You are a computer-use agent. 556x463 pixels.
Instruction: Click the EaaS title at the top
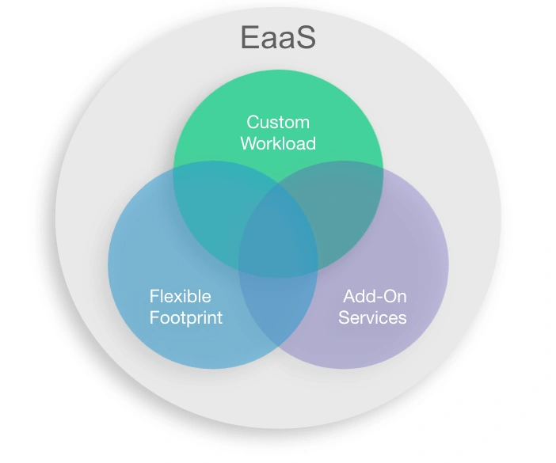point(278,37)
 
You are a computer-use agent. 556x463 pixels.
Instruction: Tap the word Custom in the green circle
point(278,123)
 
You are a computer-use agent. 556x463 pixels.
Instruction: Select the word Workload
point(278,143)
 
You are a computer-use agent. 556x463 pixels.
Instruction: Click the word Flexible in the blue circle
point(180,296)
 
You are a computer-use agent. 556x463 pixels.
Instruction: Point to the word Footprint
point(186,317)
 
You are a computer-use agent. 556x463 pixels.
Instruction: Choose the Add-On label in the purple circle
point(375,296)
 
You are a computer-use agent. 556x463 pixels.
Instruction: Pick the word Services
point(372,317)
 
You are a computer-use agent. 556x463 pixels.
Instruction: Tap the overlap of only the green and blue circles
point(216,209)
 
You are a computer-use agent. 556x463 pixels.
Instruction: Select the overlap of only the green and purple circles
point(341,209)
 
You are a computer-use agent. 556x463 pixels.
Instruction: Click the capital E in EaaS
point(249,37)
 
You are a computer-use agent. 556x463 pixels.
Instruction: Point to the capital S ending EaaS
point(306,37)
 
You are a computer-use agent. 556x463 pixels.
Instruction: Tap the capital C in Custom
point(253,123)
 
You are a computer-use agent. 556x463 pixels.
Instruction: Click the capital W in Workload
point(249,143)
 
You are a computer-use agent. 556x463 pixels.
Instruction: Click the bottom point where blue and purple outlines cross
point(278,346)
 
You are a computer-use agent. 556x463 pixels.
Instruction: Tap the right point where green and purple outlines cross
point(383,169)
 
